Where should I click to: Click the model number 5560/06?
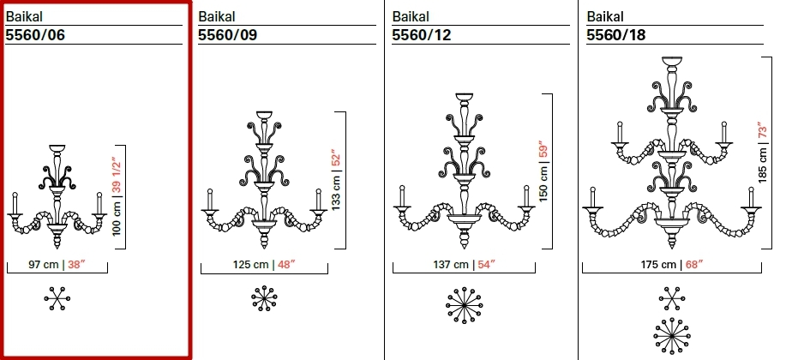[35, 35]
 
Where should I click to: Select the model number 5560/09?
[228, 35]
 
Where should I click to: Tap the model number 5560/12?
[421, 35]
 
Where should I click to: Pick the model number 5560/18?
[615, 35]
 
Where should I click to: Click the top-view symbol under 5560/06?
[57, 298]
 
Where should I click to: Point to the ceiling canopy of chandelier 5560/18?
[671, 61]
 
